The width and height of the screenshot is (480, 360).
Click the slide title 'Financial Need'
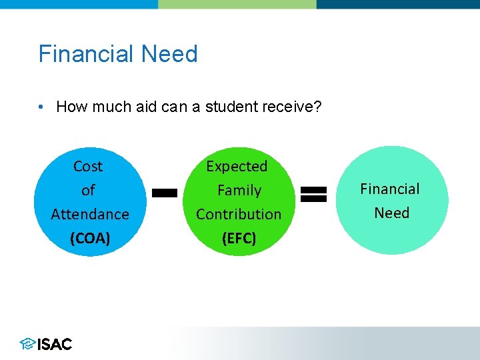pos(118,54)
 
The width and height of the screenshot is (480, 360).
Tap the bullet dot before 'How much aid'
pos(41,107)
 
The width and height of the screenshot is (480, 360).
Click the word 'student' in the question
pos(230,107)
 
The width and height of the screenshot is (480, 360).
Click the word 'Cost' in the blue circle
pos(88,167)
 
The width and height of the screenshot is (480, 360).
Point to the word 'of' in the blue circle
pos(88,191)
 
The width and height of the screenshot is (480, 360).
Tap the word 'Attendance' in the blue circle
pos(90,215)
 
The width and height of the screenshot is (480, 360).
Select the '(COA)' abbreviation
pos(90,238)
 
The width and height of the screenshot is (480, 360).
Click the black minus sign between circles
pos(165,193)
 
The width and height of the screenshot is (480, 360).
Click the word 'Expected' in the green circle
pos(237,167)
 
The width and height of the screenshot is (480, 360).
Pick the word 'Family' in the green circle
pos(239,191)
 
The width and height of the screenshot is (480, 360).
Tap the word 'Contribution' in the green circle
pos(239,215)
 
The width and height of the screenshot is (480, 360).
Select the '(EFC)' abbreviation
pos(239,238)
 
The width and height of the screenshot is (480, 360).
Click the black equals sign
pos(313,194)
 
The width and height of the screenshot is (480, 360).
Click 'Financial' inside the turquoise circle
pos(390,189)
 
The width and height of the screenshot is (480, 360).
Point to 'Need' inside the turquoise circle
pos(391,213)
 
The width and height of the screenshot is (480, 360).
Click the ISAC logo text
pos(55,344)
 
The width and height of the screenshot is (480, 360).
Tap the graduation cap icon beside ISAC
pos(27,344)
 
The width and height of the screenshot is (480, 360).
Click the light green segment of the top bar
pos(237,4)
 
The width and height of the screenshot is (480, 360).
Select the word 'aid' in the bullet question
pos(147,107)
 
